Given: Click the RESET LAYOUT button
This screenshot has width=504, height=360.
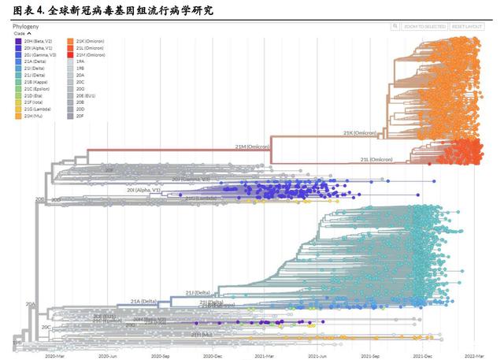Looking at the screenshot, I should click(463, 26).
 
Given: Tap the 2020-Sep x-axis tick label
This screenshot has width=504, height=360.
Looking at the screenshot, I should click(160, 355).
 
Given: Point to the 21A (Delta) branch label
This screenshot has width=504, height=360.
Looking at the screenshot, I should click(145, 301).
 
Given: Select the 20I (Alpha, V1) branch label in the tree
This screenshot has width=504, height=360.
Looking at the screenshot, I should click(144, 190).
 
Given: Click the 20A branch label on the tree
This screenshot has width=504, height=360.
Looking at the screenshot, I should click(31, 302).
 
